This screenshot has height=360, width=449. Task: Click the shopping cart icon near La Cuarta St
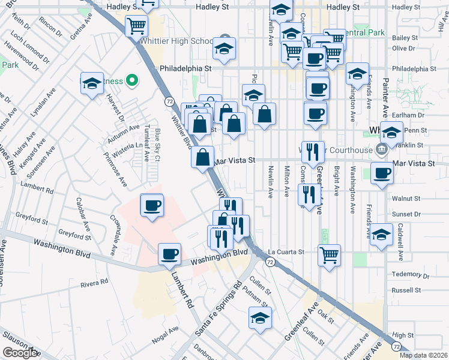coord(329,254)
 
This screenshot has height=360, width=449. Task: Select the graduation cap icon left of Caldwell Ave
coord(381,234)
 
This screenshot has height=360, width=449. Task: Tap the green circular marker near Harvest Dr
coord(133,80)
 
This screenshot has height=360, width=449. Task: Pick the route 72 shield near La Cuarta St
coord(271,262)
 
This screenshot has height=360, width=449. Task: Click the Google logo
coord(20,353)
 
